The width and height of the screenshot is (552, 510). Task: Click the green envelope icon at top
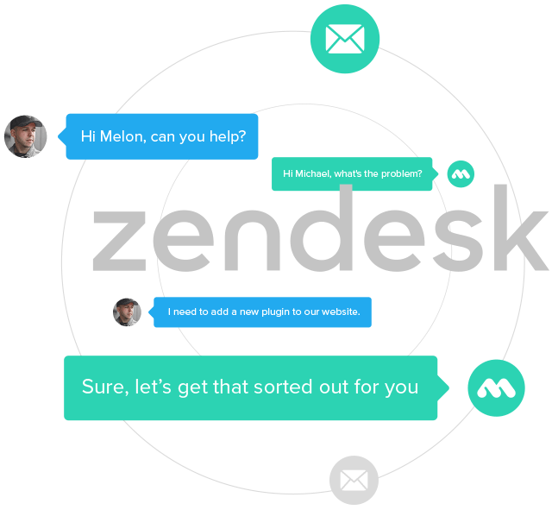[345, 38]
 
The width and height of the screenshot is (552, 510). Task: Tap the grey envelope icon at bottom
[354, 480]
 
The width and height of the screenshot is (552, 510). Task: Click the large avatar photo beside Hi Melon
[25, 136]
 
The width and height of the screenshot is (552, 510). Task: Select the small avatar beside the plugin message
[127, 312]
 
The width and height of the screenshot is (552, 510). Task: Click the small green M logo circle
[461, 173]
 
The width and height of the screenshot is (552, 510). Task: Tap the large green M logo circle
[496, 388]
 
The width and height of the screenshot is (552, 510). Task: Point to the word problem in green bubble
[402, 174]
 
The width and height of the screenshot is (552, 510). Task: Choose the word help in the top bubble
[227, 136]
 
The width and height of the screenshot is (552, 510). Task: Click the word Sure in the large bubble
[101, 387]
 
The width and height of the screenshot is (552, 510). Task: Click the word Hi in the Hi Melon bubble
[88, 136]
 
